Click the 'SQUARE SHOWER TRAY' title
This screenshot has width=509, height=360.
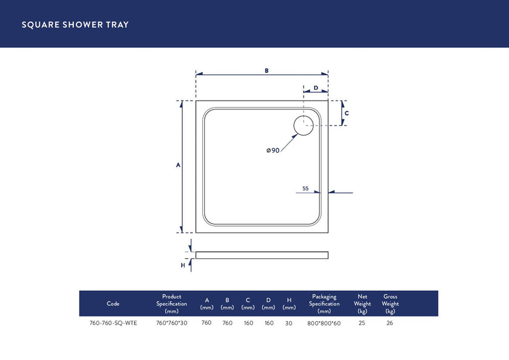pos(75,25)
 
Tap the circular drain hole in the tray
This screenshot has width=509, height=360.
pos(303,126)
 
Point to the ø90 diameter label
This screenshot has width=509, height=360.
pos(273,150)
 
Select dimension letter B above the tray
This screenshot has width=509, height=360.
pos(266,70)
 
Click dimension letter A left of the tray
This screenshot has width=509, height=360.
pos(178,165)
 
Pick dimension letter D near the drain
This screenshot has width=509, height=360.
pos(316,88)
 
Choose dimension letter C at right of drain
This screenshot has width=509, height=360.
pos(346,113)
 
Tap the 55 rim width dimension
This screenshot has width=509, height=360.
pos(305,188)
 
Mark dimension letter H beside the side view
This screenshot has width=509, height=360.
pos(182,265)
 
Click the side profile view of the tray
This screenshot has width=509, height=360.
pos(262,255)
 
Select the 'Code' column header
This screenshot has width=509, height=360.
pos(113,304)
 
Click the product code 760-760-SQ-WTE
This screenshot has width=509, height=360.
pos(113,323)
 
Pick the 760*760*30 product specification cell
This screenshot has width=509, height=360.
pos(171,323)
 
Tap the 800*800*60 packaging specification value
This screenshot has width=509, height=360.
pos(324,323)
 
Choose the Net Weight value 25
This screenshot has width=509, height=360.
pos(362,323)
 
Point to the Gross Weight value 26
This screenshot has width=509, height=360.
pos(390,323)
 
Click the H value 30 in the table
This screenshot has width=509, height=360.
pos(288,323)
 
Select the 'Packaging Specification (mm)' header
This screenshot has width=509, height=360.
pos(324,304)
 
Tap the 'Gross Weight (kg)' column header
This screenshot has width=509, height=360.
pos(390,304)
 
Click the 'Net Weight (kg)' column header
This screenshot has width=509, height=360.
pos(362,304)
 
